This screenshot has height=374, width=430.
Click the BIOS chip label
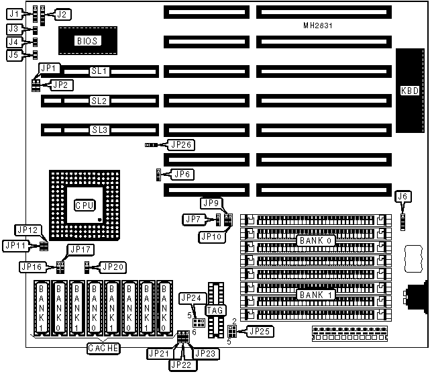87,41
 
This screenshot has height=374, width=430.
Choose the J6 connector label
402,197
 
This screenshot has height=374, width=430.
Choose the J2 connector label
62,13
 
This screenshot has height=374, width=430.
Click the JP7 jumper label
193,219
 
